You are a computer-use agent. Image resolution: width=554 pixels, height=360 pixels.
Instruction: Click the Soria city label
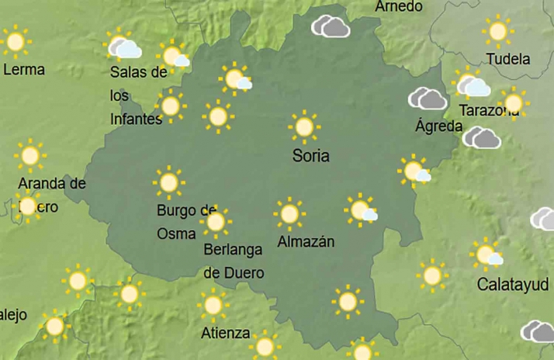coord(310,156)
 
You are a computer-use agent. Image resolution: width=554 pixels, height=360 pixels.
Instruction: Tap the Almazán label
coord(306,241)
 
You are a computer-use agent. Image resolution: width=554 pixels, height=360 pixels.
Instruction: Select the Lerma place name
coord(24,69)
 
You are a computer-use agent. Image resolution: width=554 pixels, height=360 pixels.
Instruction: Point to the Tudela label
coord(507,59)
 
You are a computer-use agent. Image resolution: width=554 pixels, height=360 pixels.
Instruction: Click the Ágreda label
coord(438,126)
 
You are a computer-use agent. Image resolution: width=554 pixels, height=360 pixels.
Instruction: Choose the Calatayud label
coord(512,284)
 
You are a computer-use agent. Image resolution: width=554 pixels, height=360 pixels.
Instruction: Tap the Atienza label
coord(225,334)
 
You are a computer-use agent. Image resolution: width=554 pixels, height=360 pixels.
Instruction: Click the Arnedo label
coord(399,7)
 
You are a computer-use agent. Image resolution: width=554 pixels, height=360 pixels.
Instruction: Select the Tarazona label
coord(489,110)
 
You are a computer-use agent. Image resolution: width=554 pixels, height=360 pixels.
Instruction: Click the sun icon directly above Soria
coord(304,126)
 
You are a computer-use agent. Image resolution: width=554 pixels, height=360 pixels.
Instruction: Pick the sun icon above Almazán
coord(289,213)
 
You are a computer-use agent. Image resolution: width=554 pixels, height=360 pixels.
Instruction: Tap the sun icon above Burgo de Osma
coord(168,183)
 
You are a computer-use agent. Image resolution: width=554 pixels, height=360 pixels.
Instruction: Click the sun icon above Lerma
coord(15,40)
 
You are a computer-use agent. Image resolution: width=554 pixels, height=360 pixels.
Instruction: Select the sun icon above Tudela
coord(497,31)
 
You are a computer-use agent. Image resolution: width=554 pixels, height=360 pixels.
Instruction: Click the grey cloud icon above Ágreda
coord(428,99)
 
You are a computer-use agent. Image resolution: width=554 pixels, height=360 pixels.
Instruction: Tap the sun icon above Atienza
coord(213,305)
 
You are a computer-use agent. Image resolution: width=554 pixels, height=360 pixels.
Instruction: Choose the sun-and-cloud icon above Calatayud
coord(487,254)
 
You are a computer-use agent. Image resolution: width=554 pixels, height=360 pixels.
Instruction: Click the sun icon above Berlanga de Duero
coord(216,222)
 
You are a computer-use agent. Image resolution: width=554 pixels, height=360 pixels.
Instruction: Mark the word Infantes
coord(136,119)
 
